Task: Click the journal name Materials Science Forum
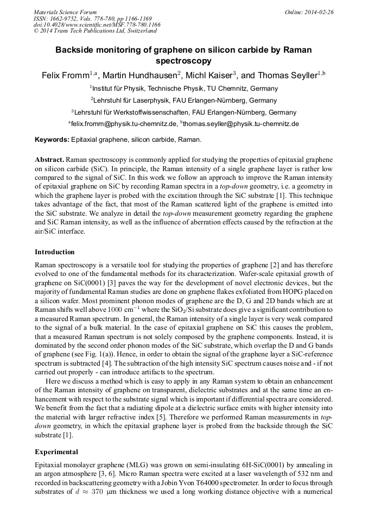coord(65,12)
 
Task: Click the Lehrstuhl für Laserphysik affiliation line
coord(184,101)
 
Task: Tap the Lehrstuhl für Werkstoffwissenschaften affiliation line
coord(184,112)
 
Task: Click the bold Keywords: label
coord(52,140)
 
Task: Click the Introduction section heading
coord(55,252)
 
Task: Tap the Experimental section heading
coord(56,452)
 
